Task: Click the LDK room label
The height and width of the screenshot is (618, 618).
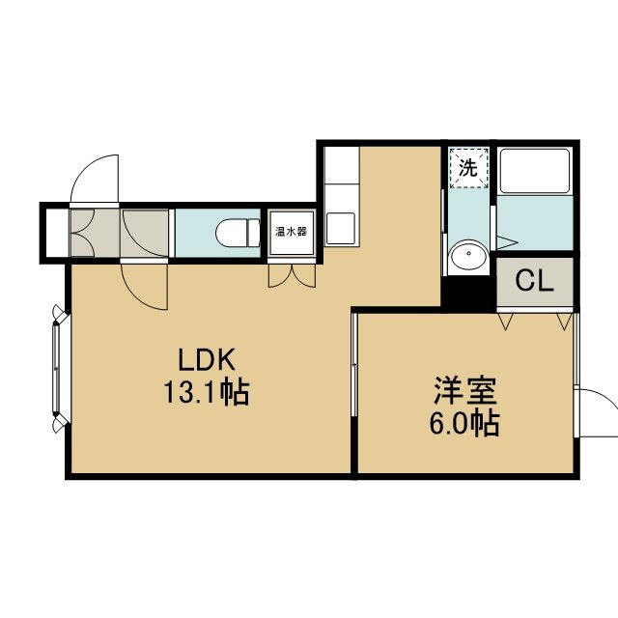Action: (207, 359)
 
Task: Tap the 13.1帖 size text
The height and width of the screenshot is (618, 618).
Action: (206, 392)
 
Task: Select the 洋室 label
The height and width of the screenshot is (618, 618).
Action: (465, 390)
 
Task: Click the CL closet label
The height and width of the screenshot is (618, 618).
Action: (534, 281)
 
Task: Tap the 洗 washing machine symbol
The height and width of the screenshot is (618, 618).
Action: (468, 168)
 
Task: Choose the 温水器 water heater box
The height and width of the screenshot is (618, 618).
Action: (292, 232)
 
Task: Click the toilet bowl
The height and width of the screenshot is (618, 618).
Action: (238, 233)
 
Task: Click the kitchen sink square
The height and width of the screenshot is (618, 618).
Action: (341, 228)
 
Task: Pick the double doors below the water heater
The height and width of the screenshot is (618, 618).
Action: (292, 275)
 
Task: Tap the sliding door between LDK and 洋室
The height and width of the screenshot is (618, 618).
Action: (354, 365)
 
